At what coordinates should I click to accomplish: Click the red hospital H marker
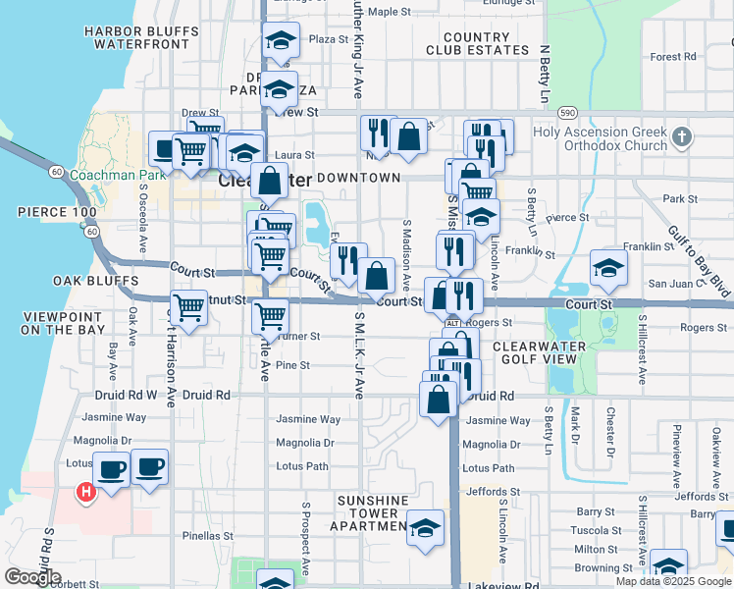pos(85,492)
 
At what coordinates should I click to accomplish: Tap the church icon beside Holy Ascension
pos(682,135)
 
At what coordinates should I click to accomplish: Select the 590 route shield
pos(567,111)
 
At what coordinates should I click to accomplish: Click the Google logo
pos(32,577)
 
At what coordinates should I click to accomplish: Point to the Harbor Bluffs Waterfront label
pos(136,37)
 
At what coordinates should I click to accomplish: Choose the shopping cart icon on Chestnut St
pos(188,308)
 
